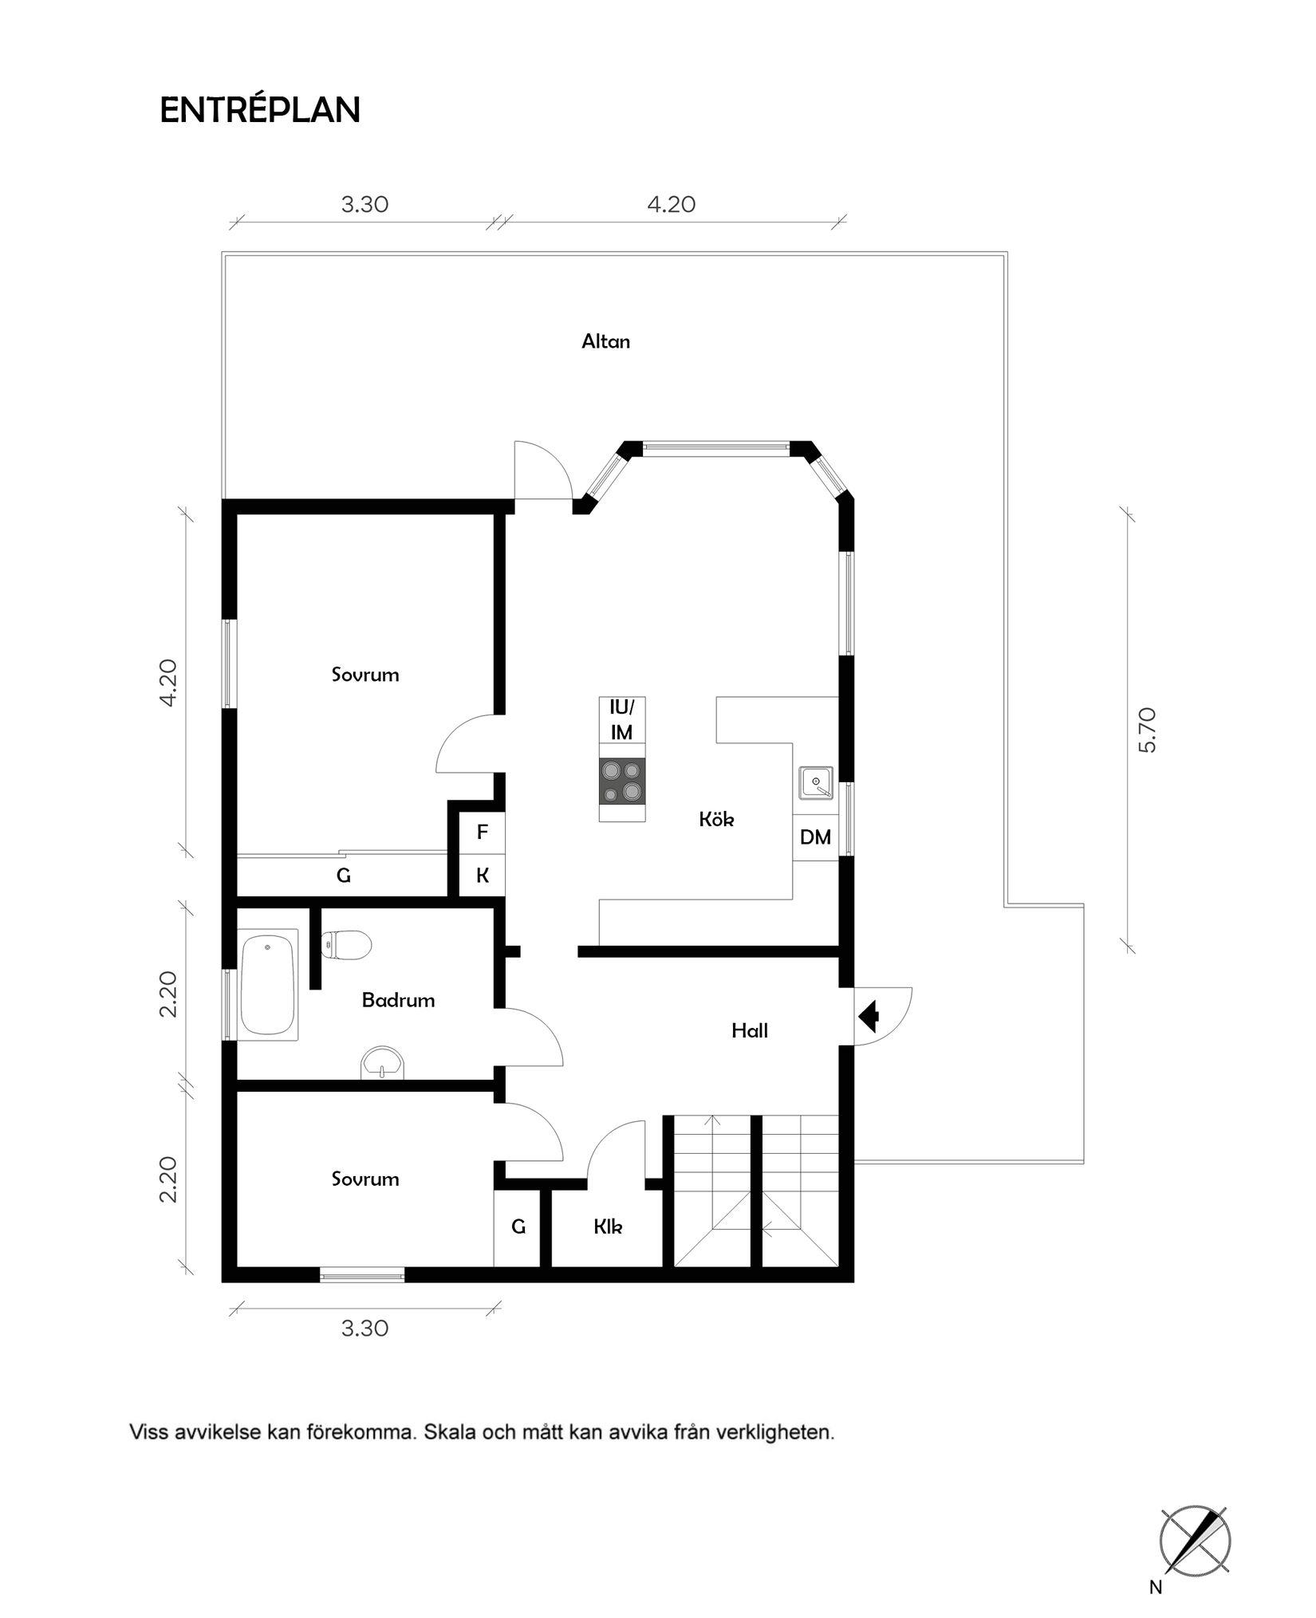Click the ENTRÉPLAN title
pos(260,110)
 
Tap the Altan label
pos(605,342)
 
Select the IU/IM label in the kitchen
pos(621,719)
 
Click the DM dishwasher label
pos(815,837)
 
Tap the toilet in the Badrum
pos(346,946)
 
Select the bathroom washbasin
pos(383,1064)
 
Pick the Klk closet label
pos(608,1226)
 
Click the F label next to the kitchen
pos(482,833)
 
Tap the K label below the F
pos(482,876)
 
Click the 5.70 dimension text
pos(1148,730)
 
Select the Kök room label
pos(716,819)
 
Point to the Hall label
pos(750,1031)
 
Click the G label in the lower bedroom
pos(518,1226)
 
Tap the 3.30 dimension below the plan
pos(364,1329)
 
